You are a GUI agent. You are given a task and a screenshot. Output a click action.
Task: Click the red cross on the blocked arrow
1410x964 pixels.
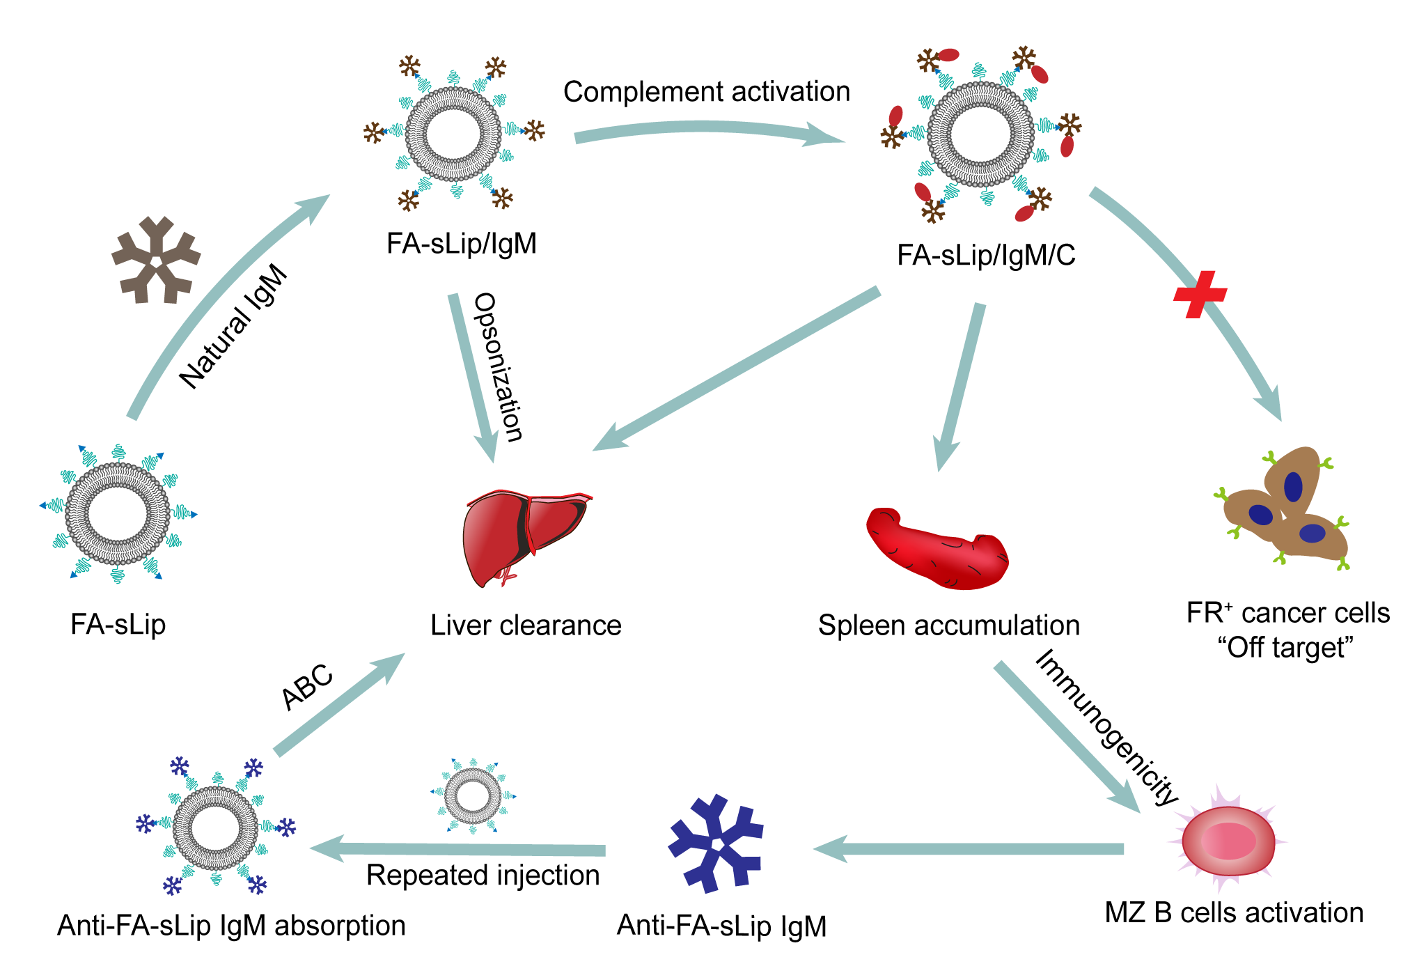click(1200, 294)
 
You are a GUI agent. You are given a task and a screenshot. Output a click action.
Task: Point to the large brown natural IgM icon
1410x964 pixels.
click(156, 260)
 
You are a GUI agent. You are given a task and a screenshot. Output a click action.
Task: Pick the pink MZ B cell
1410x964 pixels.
click(1228, 840)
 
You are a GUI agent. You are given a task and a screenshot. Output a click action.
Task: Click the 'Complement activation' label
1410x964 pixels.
click(706, 92)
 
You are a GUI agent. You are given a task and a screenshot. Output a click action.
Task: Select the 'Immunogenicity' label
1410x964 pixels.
click(1107, 727)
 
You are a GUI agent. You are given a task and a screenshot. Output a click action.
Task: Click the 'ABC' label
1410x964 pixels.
click(307, 687)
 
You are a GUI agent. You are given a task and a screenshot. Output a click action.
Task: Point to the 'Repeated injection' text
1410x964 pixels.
click(483, 876)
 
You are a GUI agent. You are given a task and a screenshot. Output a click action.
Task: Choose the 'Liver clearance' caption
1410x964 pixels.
click(526, 625)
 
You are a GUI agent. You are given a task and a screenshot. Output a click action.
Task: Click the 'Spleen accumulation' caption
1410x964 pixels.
click(948, 625)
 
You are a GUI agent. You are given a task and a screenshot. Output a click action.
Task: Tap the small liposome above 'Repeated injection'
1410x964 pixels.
click(473, 795)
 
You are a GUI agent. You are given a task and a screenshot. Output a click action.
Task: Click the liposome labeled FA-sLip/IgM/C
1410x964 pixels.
click(980, 134)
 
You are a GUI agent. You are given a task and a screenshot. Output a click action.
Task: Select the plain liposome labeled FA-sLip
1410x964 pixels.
click(118, 513)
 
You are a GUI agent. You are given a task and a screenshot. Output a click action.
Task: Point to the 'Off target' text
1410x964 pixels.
click(1285, 648)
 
